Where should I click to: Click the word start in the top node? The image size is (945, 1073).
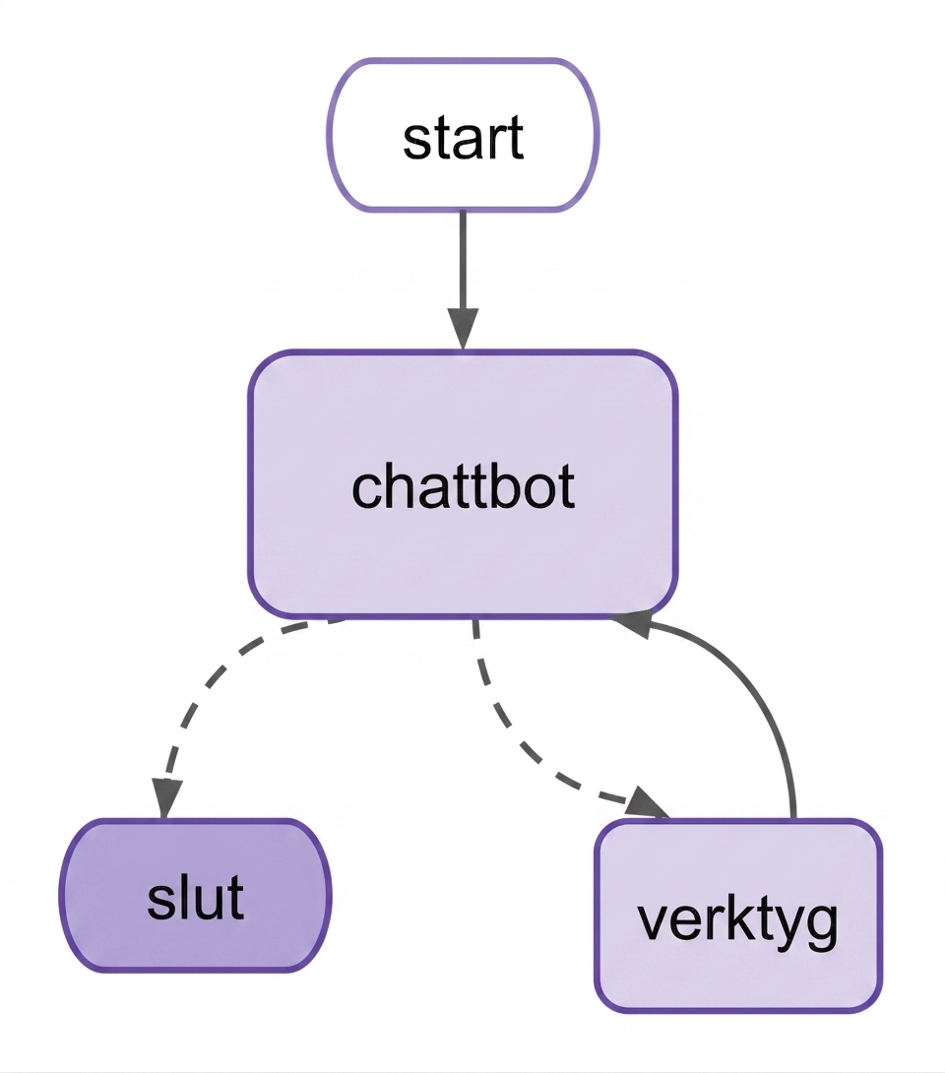(464, 138)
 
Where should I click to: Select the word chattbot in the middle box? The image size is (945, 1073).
(464, 486)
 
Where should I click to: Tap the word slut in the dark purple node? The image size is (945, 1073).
(196, 896)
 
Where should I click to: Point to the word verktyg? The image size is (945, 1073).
(737, 921)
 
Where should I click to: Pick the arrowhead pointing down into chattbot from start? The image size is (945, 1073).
(464, 329)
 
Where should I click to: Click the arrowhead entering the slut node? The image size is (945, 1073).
(165, 796)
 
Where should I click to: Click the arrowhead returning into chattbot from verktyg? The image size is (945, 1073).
(631, 623)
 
